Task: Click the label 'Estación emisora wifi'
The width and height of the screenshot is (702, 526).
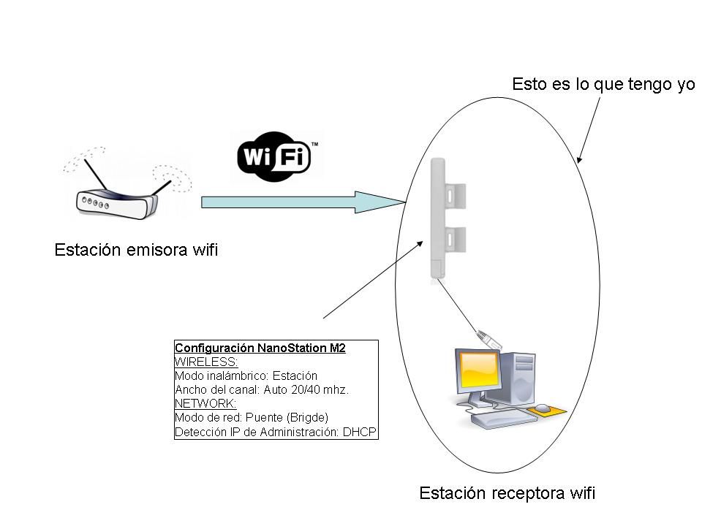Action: point(136,251)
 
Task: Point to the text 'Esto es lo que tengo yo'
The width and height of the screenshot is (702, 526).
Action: point(603,85)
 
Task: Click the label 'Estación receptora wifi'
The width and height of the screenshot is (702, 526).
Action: point(507,494)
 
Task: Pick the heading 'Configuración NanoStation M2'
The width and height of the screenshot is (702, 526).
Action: point(260,348)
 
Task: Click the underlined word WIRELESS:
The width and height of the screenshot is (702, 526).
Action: point(206,362)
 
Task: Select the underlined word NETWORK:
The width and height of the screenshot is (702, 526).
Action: point(205,404)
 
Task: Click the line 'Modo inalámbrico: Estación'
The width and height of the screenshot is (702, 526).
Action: point(246,376)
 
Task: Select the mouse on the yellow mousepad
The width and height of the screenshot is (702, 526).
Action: point(542,407)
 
